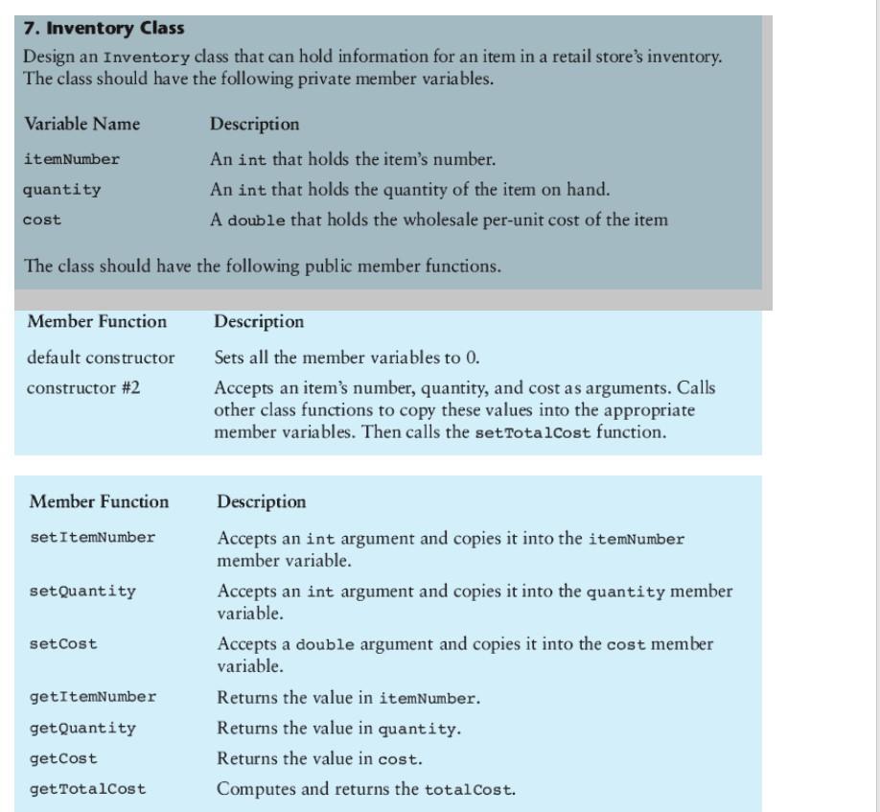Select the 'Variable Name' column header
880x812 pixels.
81,125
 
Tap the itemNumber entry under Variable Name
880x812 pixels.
72,159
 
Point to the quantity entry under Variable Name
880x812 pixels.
61,190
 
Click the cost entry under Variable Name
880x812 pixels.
42,220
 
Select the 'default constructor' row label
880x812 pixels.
102,359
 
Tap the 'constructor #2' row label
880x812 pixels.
85,387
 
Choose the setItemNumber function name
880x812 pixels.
92,538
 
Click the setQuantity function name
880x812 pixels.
82,592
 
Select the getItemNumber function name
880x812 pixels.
92,697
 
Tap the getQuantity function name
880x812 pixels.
82,728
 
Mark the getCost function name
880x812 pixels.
63,758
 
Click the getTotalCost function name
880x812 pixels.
87,790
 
